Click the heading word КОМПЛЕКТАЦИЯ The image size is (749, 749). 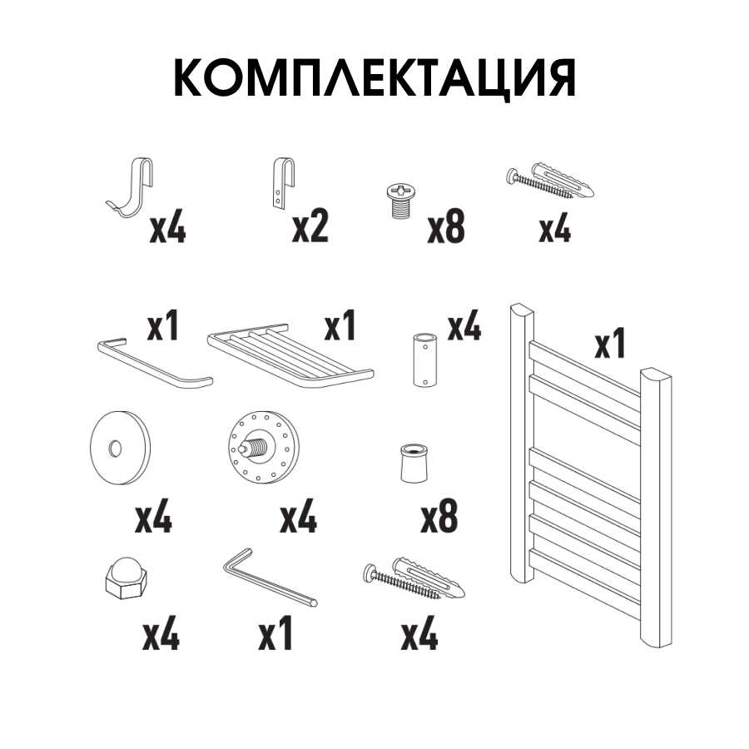click(374, 79)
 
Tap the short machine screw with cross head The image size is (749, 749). click(400, 201)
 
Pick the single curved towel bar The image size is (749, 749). click(155, 364)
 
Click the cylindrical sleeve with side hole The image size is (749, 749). click(424, 360)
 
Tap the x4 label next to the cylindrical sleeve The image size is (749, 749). click(464, 325)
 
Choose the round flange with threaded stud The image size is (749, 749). click(263, 447)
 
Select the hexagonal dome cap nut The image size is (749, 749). click(126, 579)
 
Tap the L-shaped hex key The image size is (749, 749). click(270, 578)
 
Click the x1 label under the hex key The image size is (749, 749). click(275, 635)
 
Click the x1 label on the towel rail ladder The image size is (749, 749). click(610, 343)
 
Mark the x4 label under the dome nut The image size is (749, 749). click(161, 635)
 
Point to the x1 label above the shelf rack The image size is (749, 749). click(340, 325)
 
